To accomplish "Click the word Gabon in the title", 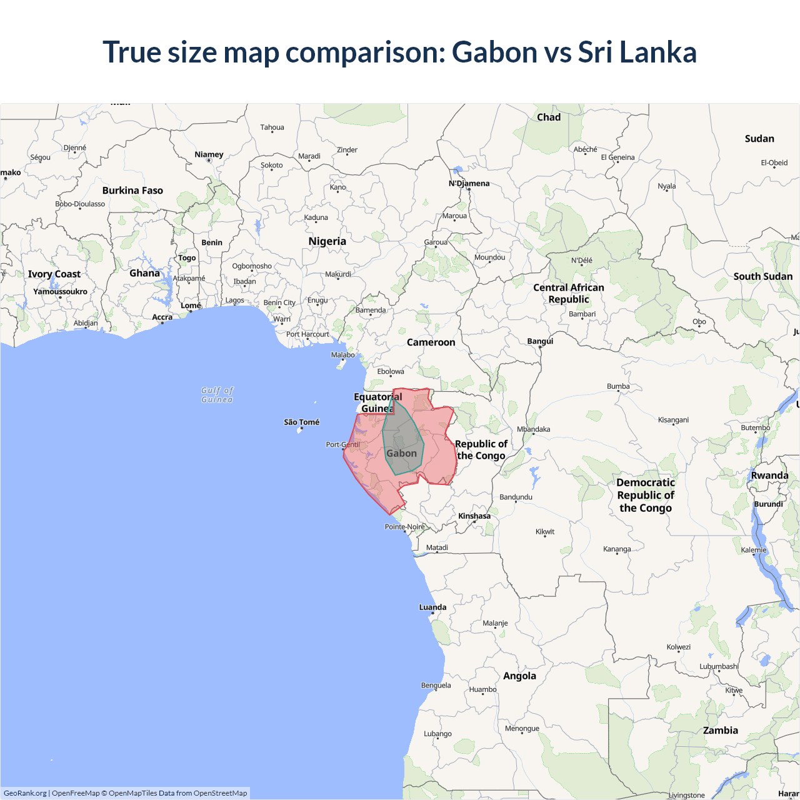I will tap(494, 52).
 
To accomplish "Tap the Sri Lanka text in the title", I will tap(637, 52).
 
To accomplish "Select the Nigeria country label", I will tap(327, 241).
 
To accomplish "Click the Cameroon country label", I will tap(431, 342).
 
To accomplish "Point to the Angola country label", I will tap(519, 676).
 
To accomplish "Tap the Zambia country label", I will tap(720, 730).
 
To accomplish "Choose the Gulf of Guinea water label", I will tap(217, 394).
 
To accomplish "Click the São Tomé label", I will tap(301, 422).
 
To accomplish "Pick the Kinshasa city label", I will tap(474, 516).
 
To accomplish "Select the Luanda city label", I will tap(432, 607).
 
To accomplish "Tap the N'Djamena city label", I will tap(469, 183).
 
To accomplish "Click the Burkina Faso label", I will tap(132, 191).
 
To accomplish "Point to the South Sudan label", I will tap(762, 276).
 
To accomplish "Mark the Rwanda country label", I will tap(769, 476).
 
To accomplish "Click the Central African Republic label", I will tap(569, 293).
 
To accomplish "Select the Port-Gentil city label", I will tap(342, 445).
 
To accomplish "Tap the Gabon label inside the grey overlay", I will tap(401, 454).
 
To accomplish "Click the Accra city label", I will tap(162, 317).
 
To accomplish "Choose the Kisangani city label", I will tap(673, 420).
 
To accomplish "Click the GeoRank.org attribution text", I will tap(25, 793).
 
